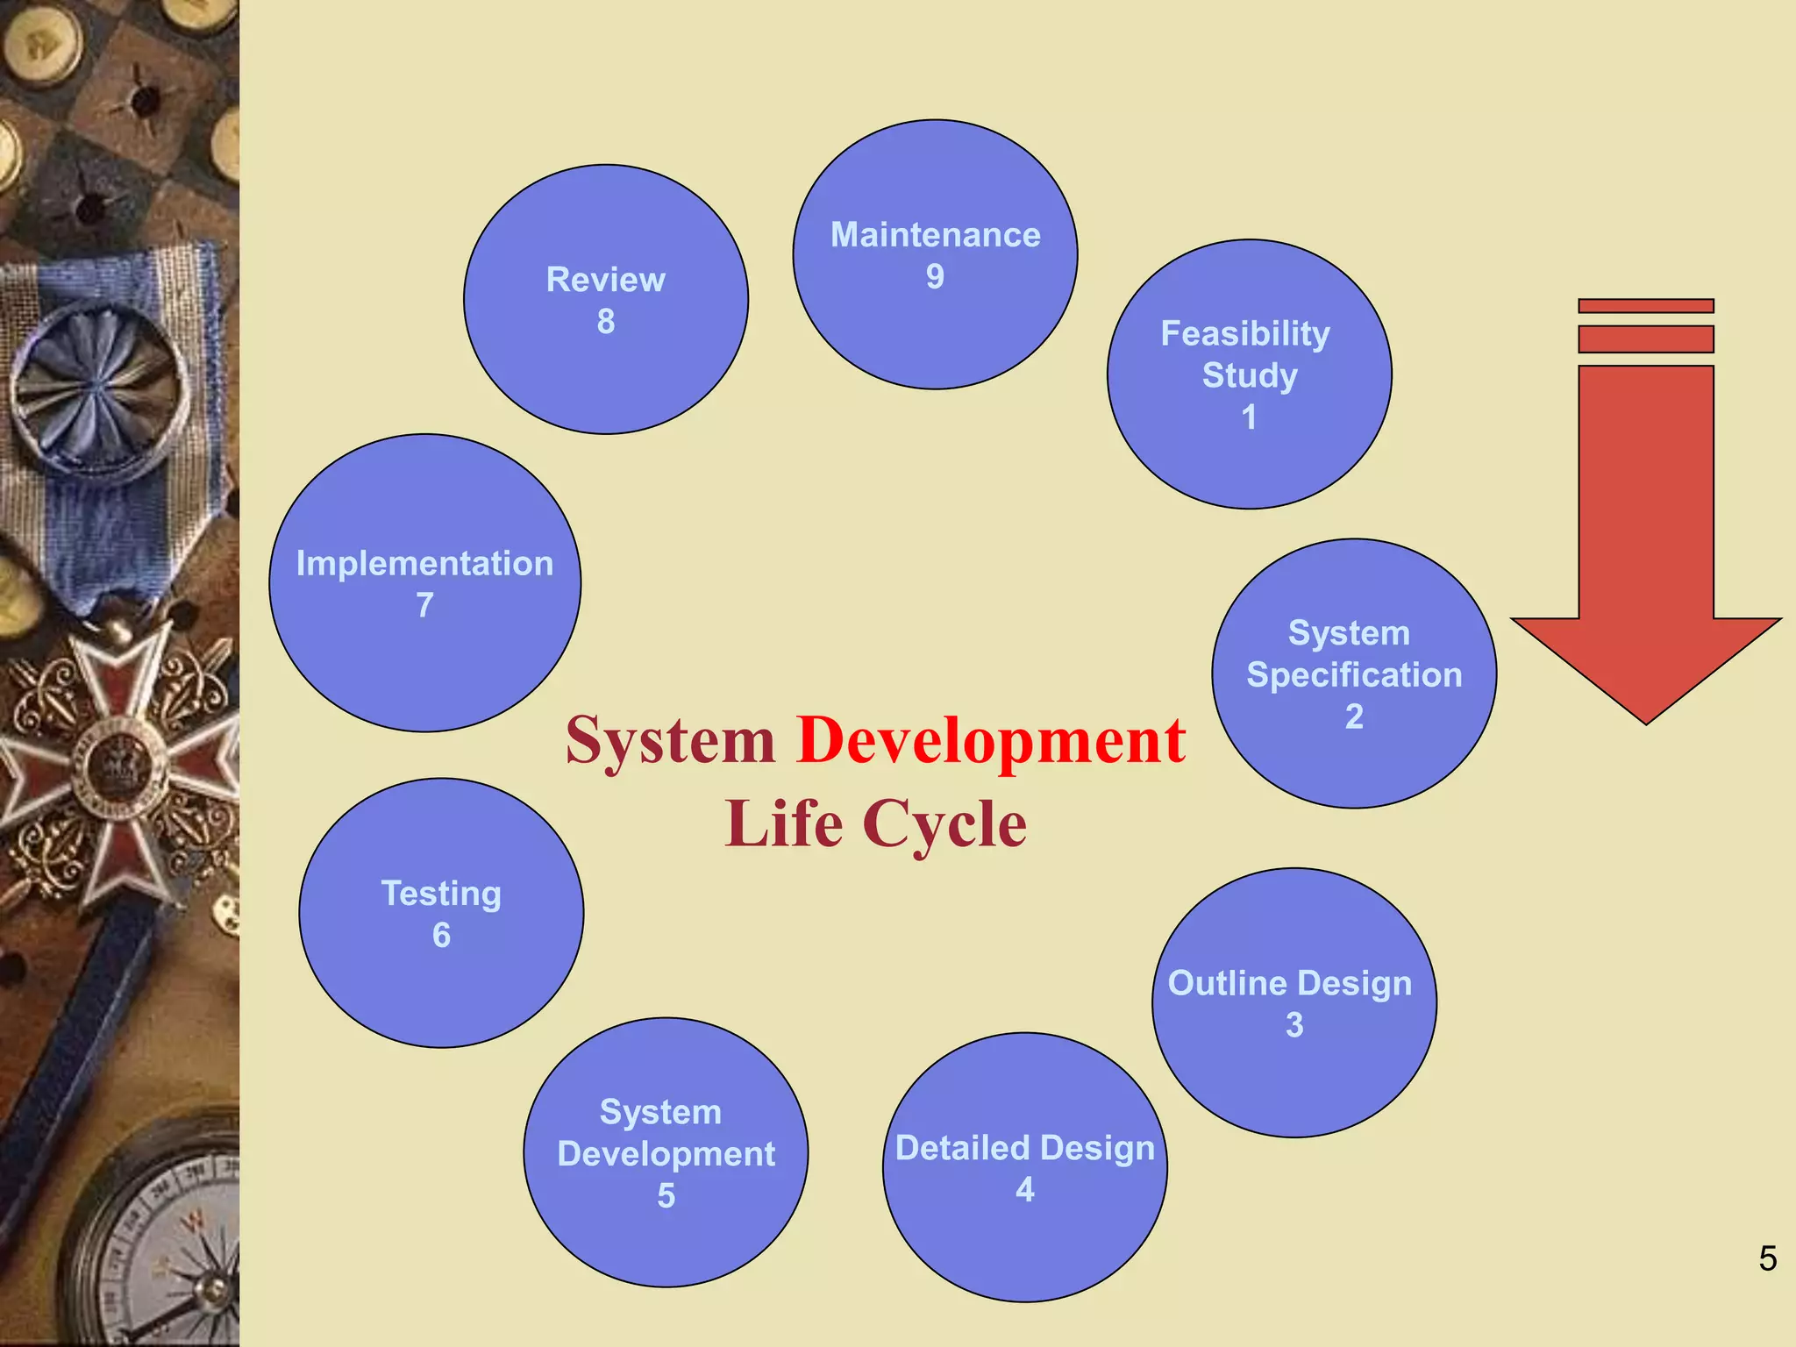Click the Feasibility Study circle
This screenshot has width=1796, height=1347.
tap(1249, 374)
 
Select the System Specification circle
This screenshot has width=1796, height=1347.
tap(1354, 673)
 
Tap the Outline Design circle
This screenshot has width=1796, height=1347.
tap(1294, 1002)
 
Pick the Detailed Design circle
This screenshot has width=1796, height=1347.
tap(1024, 1167)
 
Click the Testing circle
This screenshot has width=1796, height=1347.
tap(441, 913)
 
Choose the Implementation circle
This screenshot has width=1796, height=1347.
tap(424, 583)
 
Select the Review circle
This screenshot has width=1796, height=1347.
tap(605, 299)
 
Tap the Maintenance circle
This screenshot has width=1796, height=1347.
tap(935, 254)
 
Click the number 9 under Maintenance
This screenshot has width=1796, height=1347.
tap(935, 277)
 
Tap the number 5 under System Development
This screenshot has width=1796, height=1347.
tap(666, 1195)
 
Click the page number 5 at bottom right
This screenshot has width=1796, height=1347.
tap(1767, 1258)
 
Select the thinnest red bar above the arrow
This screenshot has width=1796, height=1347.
tap(1645, 306)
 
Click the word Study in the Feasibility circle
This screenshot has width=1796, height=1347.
tap(1249, 375)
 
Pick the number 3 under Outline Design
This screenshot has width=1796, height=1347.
tap(1294, 1024)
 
